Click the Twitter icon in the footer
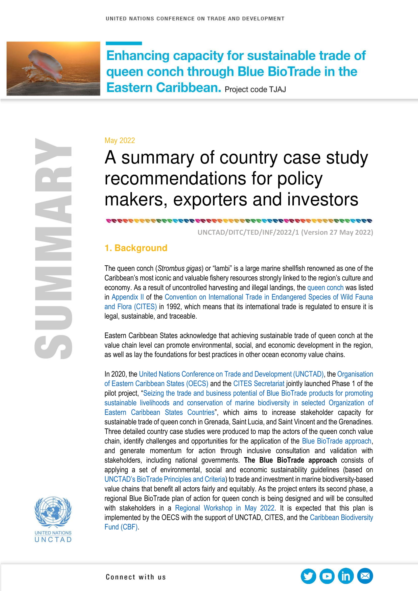pyautogui.click(x=308, y=576)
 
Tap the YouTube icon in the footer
pyautogui.click(x=327, y=576)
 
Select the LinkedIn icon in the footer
pyautogui.click(x=346, y=576)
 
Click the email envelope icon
pyautogui.click(x=365, y=576)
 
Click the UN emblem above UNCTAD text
pyautogui.click(x=53, y=512)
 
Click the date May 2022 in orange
pyautogui.click(x=120, y=140)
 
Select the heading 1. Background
pyautogui.click(x=136, y=248)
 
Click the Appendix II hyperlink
pyautogui.click(x=127, y=297)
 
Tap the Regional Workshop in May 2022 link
pyautogui.click(x=224, y=508)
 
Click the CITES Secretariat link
pyautogui.click(x=259, y=384)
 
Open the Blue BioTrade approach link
pyautogui.click(x=336, y=441)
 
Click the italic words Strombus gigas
pyautogui.click(x=179, y=269)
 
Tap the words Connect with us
pyautogui.click(x=136, y=577)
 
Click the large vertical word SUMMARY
pyautogui.click(x=53, y=248)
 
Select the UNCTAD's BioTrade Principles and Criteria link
pyautogui.click(x=165, y=479)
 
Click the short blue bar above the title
pyautogui.click(x=124, y=43)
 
